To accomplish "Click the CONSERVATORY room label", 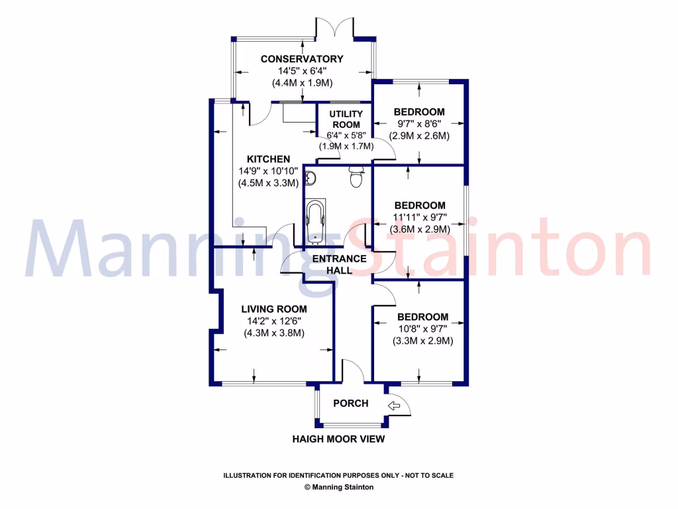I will [302, 59].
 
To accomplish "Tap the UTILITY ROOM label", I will [346, 119].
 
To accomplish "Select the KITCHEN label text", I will [268, 159].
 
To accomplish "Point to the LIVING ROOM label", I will [273, 309].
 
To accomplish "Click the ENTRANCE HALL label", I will [339, 264].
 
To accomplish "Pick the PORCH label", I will [350, 403].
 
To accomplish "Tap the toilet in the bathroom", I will [356, 177].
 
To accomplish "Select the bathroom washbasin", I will [312, 178].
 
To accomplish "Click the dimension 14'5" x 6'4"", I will [302, 71].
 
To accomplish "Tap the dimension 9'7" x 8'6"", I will [419, 124].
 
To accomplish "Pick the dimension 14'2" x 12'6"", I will [273, 321].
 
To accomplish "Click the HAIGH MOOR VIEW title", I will [338, 439].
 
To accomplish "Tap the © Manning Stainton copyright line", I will [338, 487].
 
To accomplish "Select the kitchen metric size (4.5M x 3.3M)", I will [268, 183].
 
